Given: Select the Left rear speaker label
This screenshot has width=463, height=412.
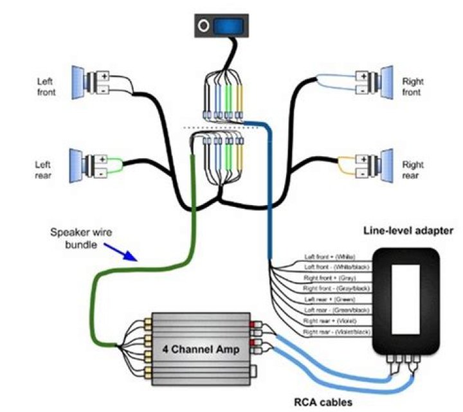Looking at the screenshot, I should click(x=42, y=169).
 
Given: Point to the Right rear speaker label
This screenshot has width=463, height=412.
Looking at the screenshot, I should click(x=412, y=170).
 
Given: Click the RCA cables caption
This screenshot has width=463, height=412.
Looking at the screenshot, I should click(x=316, y=404).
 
